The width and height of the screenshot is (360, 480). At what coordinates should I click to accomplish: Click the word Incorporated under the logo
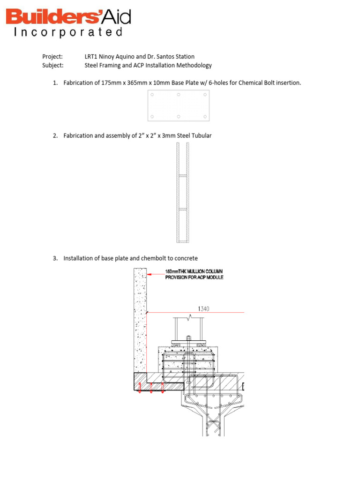coord(68,33)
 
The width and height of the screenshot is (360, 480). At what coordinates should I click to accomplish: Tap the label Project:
coord(52,57)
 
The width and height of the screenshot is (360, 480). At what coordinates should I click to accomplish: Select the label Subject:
coord(53,66)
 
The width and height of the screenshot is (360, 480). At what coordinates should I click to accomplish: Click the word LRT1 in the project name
coord(91,57)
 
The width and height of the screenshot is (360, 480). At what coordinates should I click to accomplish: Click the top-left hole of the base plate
coord(151,95)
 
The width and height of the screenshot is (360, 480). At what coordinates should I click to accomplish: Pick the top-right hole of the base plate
coord(206,95)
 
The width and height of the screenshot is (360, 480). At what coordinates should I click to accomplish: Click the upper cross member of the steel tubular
coord(183,176)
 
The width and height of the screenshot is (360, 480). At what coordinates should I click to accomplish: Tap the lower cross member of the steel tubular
coord(183,209)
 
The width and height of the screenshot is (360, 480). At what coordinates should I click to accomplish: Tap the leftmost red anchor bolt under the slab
coord(140,388)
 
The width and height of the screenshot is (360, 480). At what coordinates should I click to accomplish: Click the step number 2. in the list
coord(55,136)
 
